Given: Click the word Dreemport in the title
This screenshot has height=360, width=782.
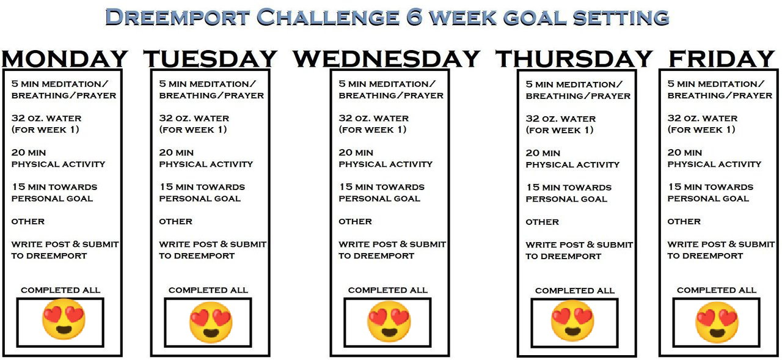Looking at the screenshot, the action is tap(178, 17).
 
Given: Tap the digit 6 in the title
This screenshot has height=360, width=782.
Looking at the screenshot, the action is tap(414, 17).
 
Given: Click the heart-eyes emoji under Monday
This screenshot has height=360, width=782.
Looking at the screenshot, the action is tap(64, 319).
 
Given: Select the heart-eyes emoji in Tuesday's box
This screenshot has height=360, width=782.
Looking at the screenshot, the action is tap(211, 322).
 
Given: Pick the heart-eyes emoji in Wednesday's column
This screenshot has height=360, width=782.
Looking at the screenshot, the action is tap(389, 321).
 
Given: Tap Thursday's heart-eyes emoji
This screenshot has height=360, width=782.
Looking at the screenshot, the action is tap(572, 321).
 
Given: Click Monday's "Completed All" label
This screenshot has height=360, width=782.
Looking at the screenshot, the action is tap(60, 290).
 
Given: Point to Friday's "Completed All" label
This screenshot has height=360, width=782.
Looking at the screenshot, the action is tap(717, 290).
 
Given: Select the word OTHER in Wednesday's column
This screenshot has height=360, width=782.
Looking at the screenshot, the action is tap(355, 221).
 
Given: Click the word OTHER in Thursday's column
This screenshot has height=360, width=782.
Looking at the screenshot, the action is tap(542, 222).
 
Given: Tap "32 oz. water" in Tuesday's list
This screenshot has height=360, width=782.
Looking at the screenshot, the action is tap(194, 118).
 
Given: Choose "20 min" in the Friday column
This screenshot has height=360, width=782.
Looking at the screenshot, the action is tap(685, 153).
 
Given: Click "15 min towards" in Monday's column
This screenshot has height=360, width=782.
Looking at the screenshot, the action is tap(54, 187).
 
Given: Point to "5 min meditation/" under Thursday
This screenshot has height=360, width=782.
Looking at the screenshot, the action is tap(574, 84).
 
